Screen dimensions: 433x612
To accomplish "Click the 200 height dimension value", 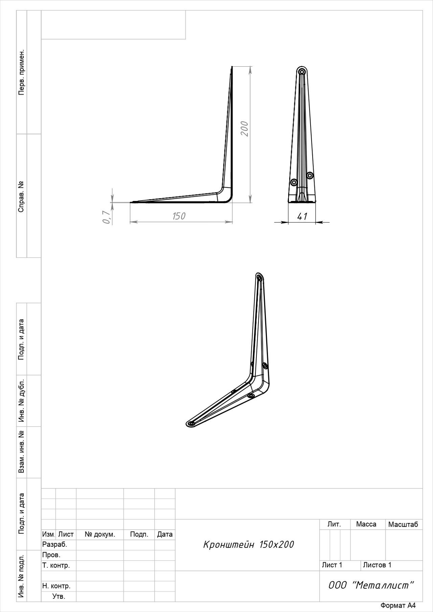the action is (245, 129).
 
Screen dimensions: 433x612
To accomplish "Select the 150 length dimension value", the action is (179, 216).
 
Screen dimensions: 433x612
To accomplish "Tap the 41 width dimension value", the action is (302, 216).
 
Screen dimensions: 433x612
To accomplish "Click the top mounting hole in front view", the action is (302, 72).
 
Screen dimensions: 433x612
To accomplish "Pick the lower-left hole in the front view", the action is (294, 182).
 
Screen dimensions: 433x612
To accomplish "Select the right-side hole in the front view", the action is (310, 175).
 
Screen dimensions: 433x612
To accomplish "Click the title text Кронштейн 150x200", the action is (248, 545).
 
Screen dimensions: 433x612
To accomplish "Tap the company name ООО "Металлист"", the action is (371, 585).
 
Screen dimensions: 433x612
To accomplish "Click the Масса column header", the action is (366, 524).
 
